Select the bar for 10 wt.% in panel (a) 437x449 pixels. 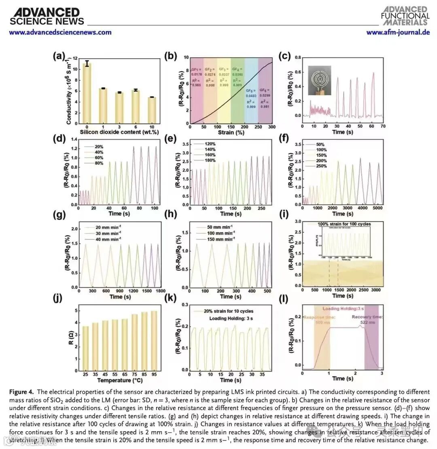pos(151,110)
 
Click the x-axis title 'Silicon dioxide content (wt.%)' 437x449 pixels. pos(115,132)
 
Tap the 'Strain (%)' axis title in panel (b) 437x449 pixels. pos(231,132)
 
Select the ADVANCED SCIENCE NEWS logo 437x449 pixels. pos(46,17)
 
